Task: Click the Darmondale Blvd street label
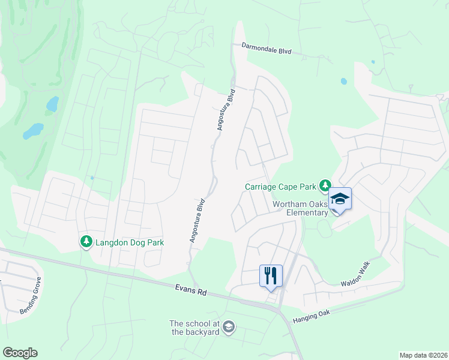pos(266,49)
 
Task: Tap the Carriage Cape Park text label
pos(280,187)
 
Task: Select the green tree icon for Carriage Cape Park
pos(325,185)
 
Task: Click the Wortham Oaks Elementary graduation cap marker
pos(340,199)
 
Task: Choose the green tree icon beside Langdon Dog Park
pos(86,242)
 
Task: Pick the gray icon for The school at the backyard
pos(228,327)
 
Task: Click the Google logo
pos(20,353)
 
